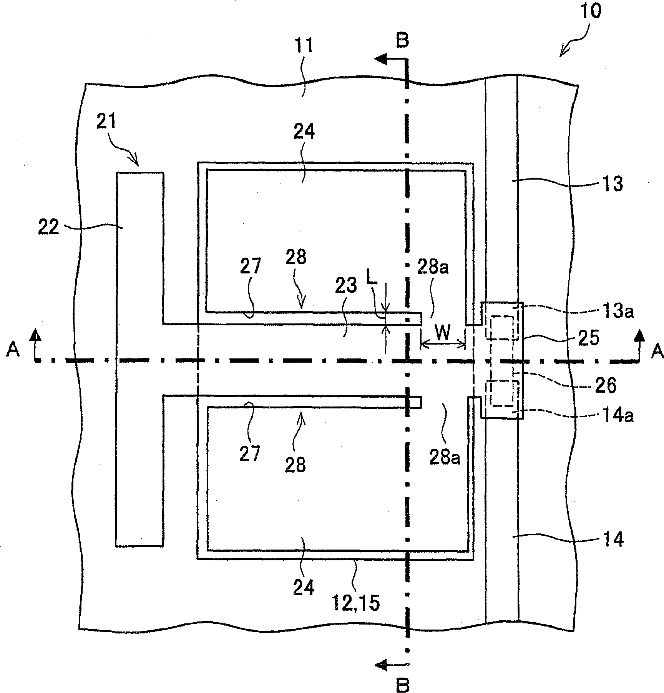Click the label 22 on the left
[49, 228]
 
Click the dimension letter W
[442, 333]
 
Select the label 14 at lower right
[613, 540]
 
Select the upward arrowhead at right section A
[640, 335]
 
